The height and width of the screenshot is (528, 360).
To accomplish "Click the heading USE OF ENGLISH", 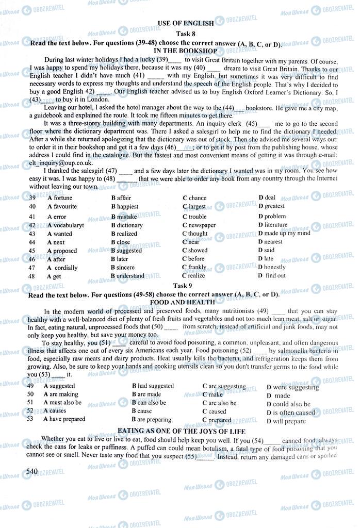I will tap(183, 23).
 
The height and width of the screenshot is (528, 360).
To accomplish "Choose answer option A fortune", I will tap(60, 198).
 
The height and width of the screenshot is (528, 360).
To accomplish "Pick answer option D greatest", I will tap(271, 206).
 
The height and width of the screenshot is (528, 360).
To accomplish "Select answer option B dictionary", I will tap(127, 225).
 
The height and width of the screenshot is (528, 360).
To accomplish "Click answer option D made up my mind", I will tap(284, 233).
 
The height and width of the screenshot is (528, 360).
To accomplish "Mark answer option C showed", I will tap(195, 251).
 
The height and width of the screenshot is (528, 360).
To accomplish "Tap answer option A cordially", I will tap(62, 268).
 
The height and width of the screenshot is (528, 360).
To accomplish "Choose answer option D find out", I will tap(272, 276).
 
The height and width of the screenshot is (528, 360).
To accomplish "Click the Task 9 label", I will tap(183, 286).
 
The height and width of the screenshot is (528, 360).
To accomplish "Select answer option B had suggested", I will tap(153, 386).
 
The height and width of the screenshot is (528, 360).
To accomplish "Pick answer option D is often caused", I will tap(290, 412).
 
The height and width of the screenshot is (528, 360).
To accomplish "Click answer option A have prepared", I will tap(64, 419).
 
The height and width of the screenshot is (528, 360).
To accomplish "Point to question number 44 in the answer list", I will tap(32, 242).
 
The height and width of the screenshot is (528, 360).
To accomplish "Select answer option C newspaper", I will tap(199, 225).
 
